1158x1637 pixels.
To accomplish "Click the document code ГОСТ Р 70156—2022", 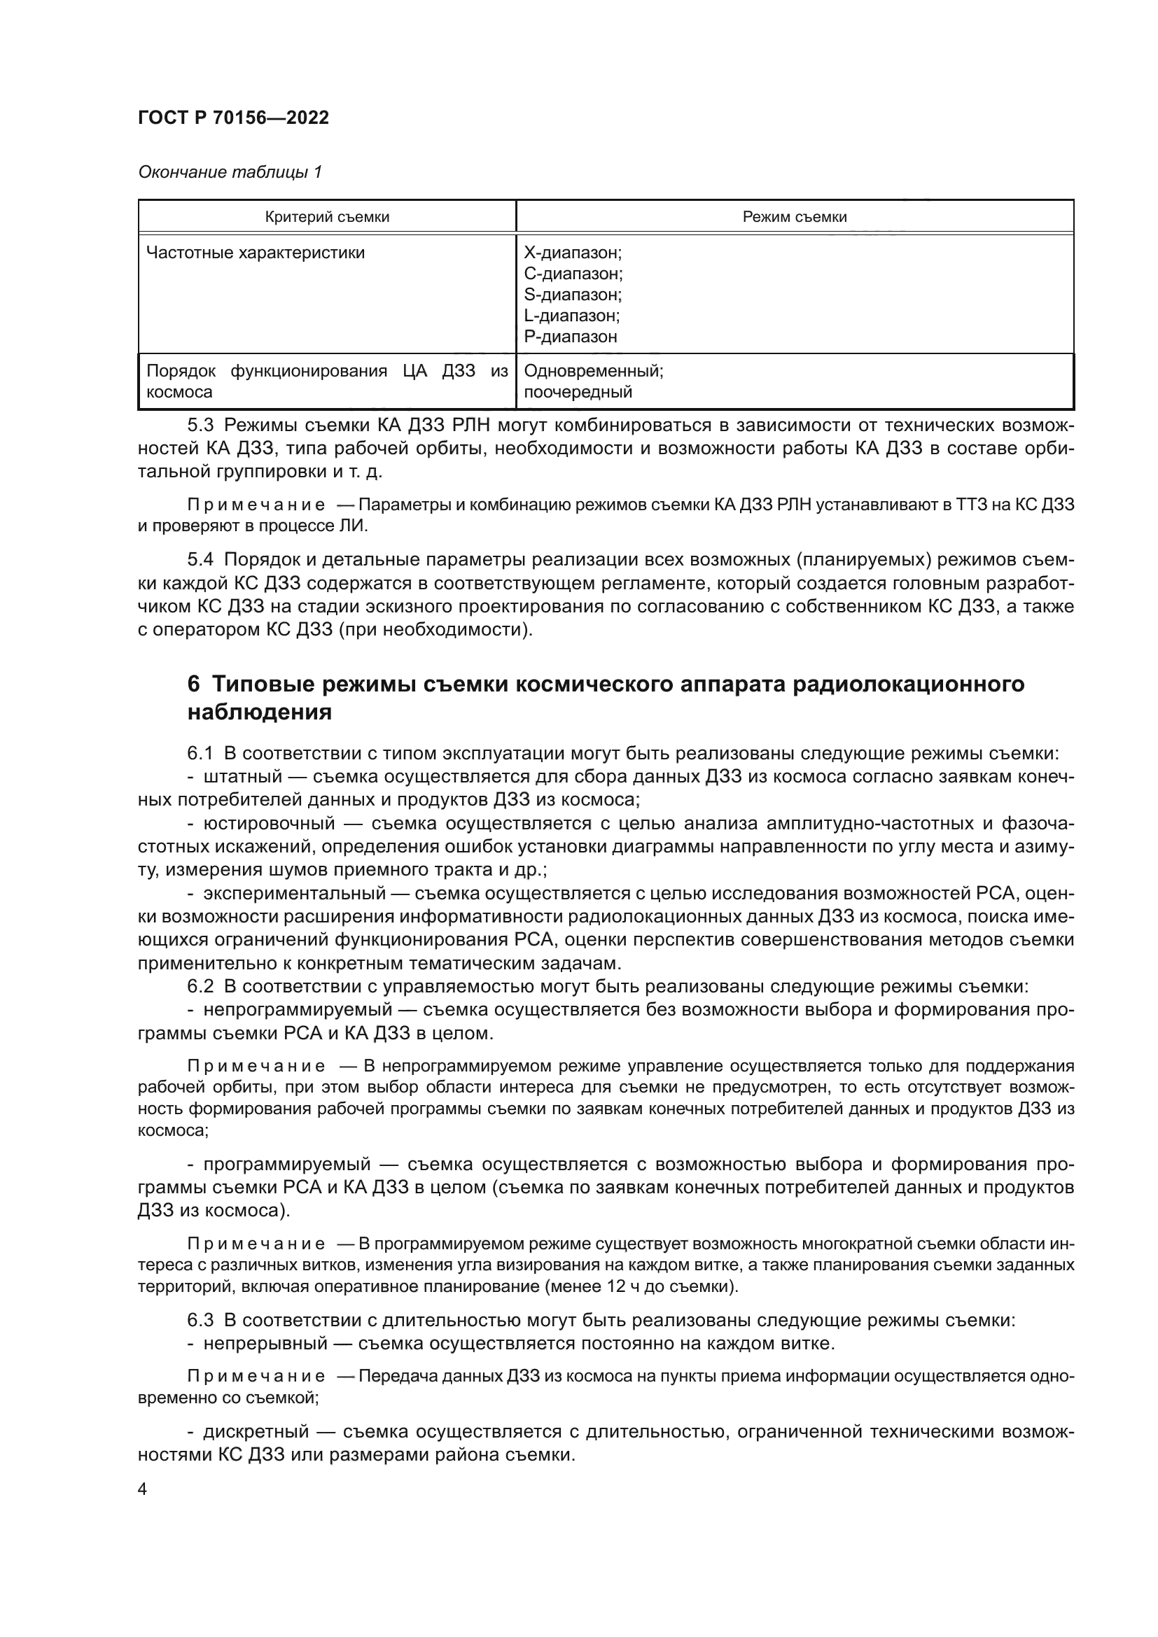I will click(233, 118).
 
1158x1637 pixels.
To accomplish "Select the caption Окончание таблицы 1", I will click(230, 172).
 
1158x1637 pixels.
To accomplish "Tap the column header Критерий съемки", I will click(326, 217).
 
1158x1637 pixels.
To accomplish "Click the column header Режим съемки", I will click(795, 217).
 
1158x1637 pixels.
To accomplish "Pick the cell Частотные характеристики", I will click(256, 253).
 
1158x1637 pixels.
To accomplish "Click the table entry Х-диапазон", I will click(573, 253).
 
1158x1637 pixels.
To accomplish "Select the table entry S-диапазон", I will click(573, 295).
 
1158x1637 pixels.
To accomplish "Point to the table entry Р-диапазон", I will click(571, 337).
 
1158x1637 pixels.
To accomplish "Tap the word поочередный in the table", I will click(578, 392).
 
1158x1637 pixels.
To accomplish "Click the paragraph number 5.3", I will click(200, 426).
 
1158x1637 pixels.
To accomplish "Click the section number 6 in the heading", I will click(193, 684).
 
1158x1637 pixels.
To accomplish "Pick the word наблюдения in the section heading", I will click(260, 712).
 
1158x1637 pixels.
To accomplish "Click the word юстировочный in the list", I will click(269, 824).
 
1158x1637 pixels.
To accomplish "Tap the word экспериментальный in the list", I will click(294, 893).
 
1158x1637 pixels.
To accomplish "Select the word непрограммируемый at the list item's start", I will click(298, 1010).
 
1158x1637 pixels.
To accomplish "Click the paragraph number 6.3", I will click(200, 1321).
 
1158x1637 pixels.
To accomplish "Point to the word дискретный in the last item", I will click(256, 1433).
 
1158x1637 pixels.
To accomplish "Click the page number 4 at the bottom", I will click(142, 1489).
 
